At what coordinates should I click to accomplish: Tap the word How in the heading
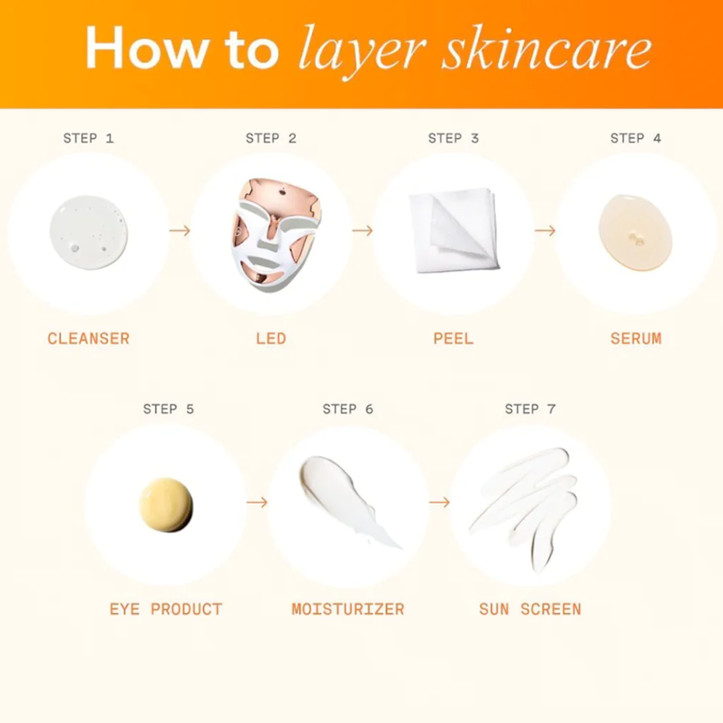[146, 48]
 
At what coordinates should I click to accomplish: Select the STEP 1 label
[88, 138]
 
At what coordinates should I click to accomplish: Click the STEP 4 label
[635, 138]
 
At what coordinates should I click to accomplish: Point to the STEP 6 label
[347, 409]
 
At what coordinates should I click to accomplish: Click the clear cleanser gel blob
[88, 232]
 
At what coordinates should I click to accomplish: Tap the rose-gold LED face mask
[275, 234]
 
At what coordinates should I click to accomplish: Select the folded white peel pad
[454, 230]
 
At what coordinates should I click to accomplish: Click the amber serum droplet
[635, 232]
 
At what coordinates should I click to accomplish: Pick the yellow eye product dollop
[166, 505]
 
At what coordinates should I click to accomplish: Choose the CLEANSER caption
[88, 339]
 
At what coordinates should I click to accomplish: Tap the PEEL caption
[453, 339]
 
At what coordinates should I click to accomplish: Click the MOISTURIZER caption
[347, 609]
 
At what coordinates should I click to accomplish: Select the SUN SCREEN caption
[530, 609]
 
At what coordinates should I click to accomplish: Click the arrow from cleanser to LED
[180, 230]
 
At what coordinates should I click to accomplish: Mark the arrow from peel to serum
[545, 230]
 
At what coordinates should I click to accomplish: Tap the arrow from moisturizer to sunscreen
[439, 501]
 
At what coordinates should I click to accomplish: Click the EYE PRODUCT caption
[166, 609]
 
